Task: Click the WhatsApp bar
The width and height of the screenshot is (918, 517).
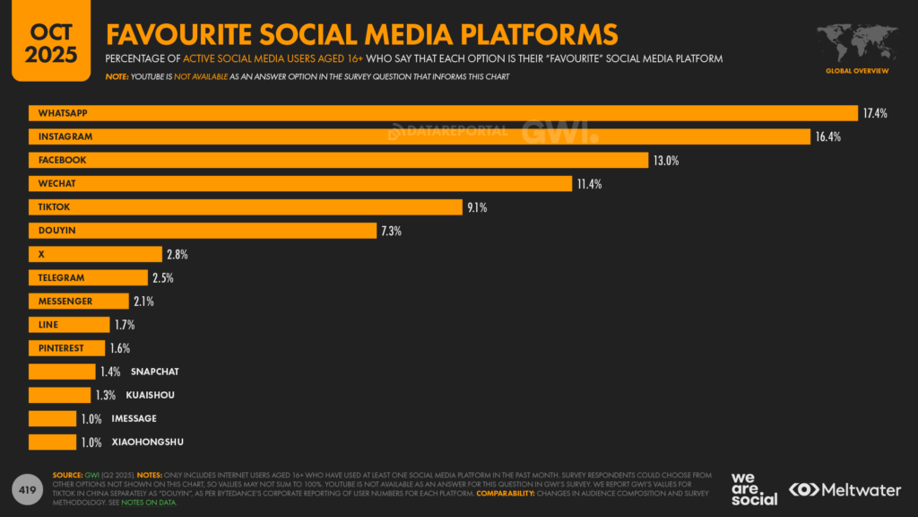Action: tap(443, 113)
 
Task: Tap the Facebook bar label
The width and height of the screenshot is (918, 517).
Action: tap(62, 160)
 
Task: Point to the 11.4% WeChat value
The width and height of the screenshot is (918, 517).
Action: tap(589, 184)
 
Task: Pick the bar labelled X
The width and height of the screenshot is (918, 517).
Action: tap(95, 254)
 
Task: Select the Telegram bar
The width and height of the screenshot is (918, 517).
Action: tap(88, 277)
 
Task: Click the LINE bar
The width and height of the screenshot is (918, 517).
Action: tap(68, 325)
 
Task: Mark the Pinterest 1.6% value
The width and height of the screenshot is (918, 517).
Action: tap(119, 348)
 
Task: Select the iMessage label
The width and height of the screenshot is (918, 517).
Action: tap(134, 418)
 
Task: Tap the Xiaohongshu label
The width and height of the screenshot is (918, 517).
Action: tap(148, 442)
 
